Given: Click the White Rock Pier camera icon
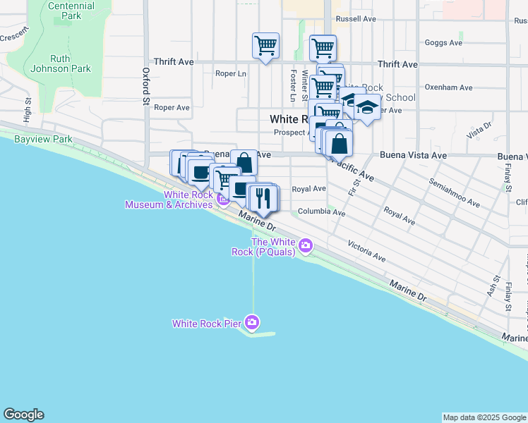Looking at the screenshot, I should pyautogui.click(x=253, y=324).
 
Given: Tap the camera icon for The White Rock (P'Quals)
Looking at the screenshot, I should pyautogui.click(x=306, y=246).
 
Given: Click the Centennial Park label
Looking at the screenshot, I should pyautogui.click(x=71, y=9).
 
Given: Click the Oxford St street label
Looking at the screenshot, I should pyautogui.click(x=146, y=86).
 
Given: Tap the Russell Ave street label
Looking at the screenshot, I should pyautogui.click(x=356, y=19).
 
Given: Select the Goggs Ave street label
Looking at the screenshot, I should pyautogui.click(x=443, y=42).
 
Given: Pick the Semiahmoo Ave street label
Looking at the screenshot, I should pyautogui.click(x=455, y=192).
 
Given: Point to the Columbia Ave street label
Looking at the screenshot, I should pyautogui.click(x=321, y=211).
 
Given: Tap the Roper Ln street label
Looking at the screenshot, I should pyautogui.click(x=231, y=73).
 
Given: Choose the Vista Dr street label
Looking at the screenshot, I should pyautogui.click(x=479, y=130).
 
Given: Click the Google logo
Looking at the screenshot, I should pyautogui.click(x=23, y=415).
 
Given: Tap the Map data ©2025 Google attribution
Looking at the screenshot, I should pyautogui.click(x=484, y=417).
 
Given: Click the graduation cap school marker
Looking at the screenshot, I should pyautogui.click(x=366, y=108).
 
